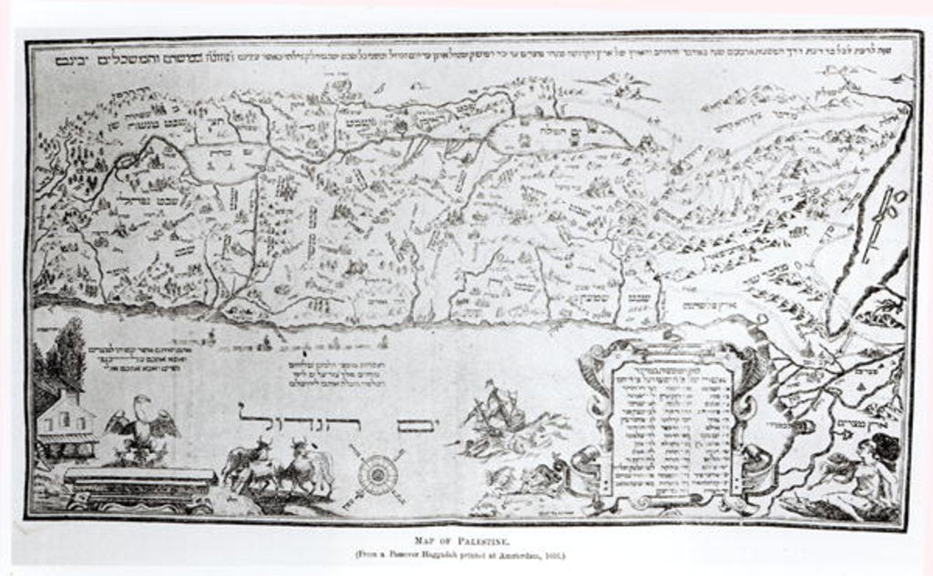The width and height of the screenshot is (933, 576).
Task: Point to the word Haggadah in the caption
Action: click(x=452, y=549)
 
